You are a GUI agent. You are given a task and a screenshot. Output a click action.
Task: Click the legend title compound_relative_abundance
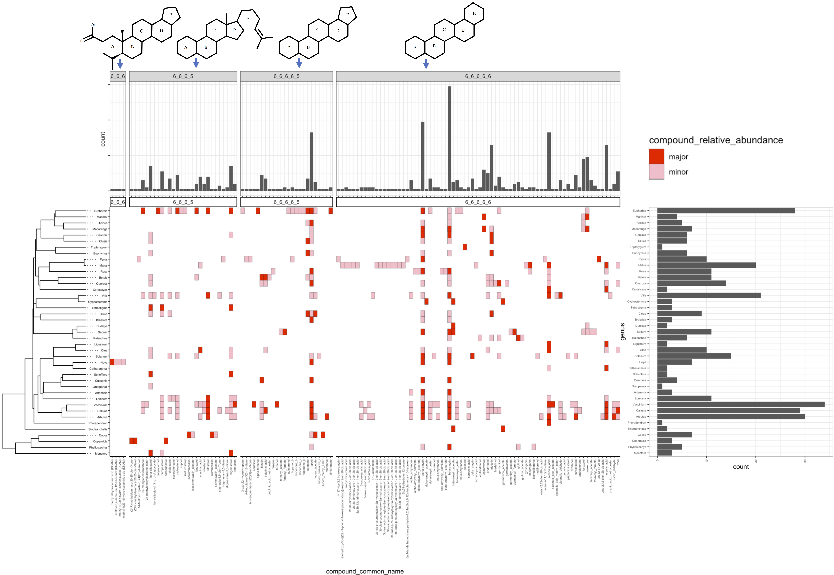[x=716, y=140]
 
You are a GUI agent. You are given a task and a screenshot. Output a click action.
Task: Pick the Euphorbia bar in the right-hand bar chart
[x=726, y=211]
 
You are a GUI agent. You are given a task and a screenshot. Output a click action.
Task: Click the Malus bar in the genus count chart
[x=706, y=265]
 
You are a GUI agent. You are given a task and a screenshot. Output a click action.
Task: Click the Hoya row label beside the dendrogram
[x=104, y=362]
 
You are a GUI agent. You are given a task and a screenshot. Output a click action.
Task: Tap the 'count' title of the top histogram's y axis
[x=103, y=139]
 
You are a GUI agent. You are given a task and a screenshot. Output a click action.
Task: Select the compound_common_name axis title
[x=365, y=571]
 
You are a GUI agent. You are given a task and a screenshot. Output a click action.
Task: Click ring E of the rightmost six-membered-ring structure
[x=474, y=14]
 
